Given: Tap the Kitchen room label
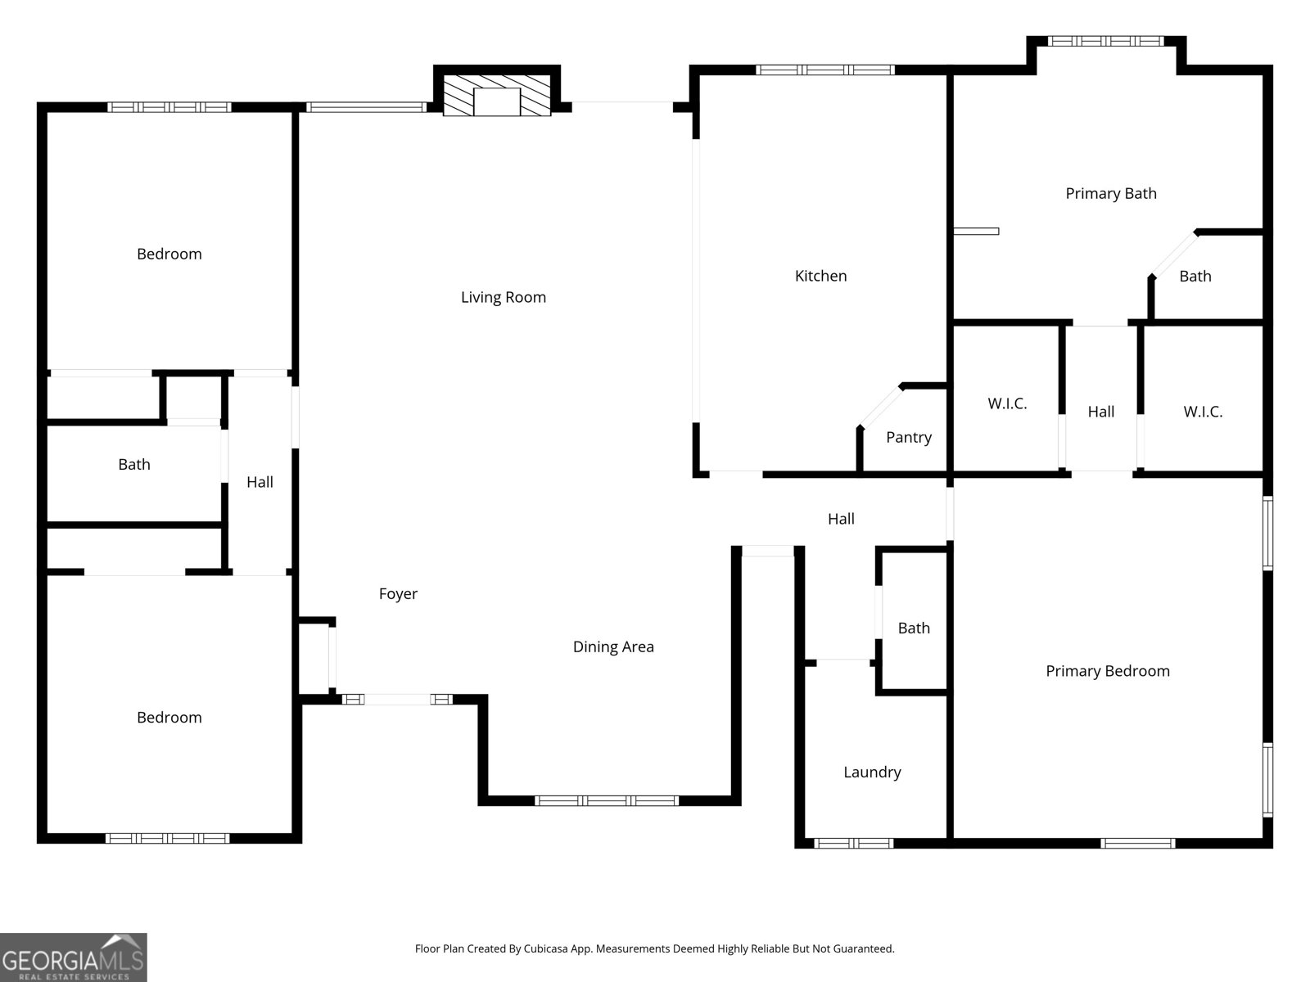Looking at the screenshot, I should [820, 276].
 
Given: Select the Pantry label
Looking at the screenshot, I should [908, 437].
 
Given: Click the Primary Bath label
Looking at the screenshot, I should [1110, 193].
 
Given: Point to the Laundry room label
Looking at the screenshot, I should [872, 772].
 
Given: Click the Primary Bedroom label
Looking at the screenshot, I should [1107, 671].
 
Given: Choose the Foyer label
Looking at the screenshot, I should [398, 594].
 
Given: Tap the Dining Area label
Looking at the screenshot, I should [612, 646].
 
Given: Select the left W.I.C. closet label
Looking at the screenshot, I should [1006, 403].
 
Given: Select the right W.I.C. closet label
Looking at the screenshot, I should [1202, 412].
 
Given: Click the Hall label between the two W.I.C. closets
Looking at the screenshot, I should [1100, 412].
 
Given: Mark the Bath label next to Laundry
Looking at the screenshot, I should [914, 628].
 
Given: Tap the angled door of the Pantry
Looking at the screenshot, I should [880, 406].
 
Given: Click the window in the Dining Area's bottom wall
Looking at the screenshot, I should [607, 800].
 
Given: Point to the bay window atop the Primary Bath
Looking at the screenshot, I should [1105, 40].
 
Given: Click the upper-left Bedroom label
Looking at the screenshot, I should [169, 254].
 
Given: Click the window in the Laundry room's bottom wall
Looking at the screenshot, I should [853, 843].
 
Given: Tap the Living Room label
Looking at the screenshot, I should [503, 297].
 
